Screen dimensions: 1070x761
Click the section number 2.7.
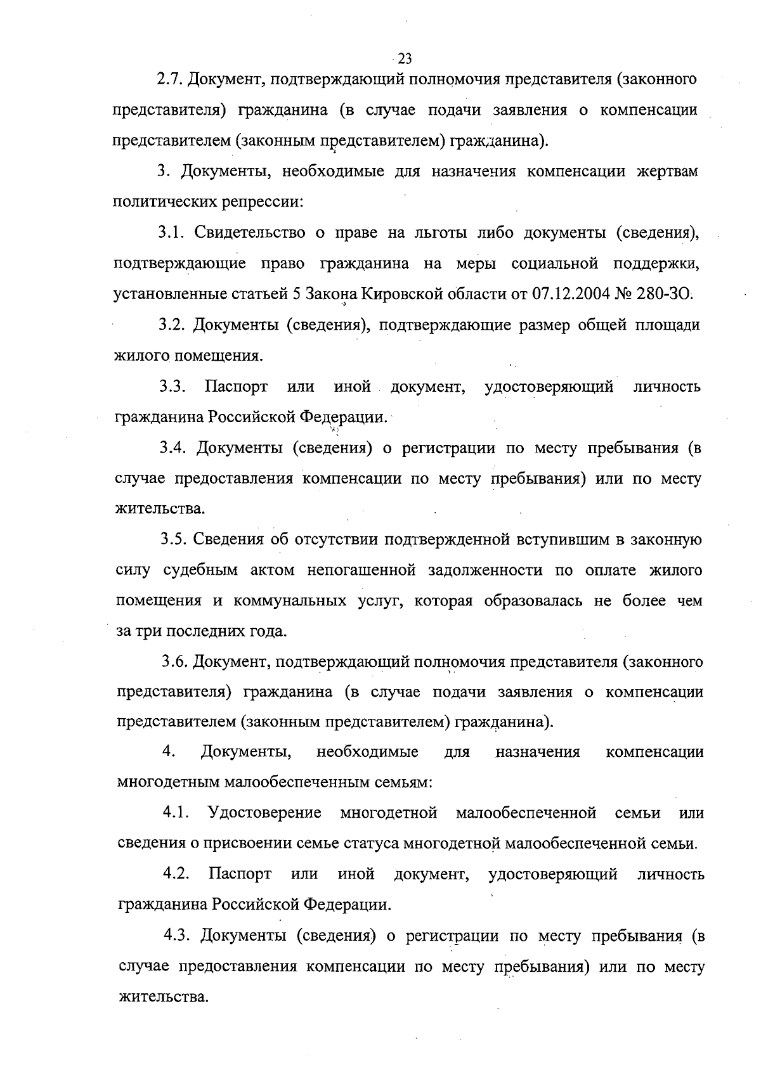[x=169, y=80]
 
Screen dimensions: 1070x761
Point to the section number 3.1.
[x=171, y=233]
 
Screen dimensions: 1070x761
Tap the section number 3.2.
[x=172, y=326]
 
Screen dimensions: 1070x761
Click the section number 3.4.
[x=173, y=448]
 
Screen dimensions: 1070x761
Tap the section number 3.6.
[x=174, y=662]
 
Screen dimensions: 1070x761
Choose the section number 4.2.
[x=177, y=875]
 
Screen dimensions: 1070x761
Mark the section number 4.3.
[x=178, y=936]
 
